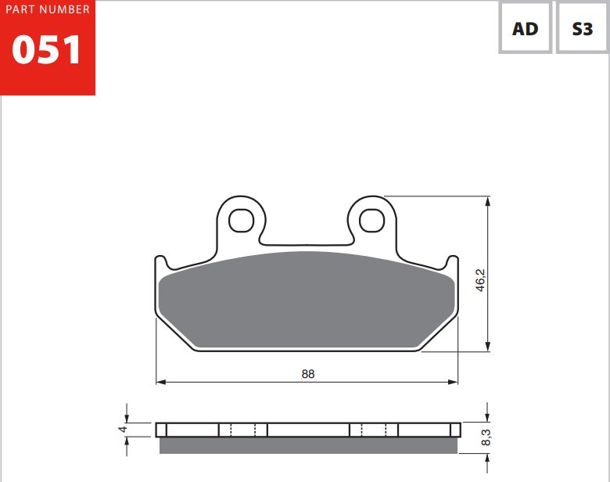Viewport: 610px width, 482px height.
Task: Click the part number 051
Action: (46, 49)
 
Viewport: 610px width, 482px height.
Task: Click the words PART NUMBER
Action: (48, 9)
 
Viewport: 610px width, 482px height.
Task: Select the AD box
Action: (526, 27)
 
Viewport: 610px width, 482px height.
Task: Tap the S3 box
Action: (583, 27)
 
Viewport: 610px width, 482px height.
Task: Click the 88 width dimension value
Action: (307, 374)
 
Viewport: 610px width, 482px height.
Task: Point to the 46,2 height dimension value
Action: (480, 280)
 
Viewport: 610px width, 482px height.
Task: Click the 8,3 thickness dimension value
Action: (486, 437)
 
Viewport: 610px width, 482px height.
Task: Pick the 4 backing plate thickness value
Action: (123, 429)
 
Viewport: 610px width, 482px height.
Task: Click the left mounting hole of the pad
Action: (241, 221)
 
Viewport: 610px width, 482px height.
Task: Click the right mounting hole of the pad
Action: (371, 221)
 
